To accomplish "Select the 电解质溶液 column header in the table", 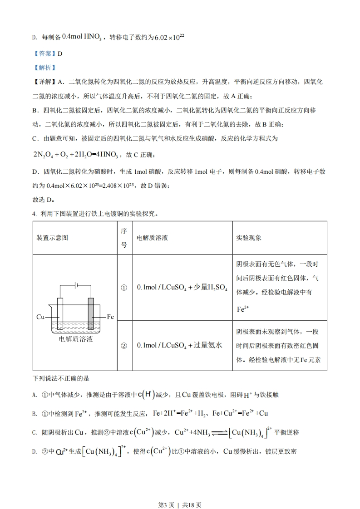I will (x=152, y=238).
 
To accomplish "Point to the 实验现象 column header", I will (x=249, y=238).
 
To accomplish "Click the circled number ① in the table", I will (x=123, y=288).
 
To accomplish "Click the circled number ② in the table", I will (x=123, y=346).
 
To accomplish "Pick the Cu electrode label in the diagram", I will (x=40, y=317).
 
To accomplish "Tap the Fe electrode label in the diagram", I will (x=110, y=317).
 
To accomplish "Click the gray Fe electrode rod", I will (x=91, y=313).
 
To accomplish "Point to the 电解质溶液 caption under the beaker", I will (x=76, y=339).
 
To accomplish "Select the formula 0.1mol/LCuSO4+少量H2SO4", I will (x=182, y=288).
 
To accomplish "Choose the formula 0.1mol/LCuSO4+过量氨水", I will (x=179, y=346).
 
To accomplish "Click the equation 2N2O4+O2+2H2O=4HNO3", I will (x=75, y=155).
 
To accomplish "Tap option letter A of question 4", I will (x=35, y=395).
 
